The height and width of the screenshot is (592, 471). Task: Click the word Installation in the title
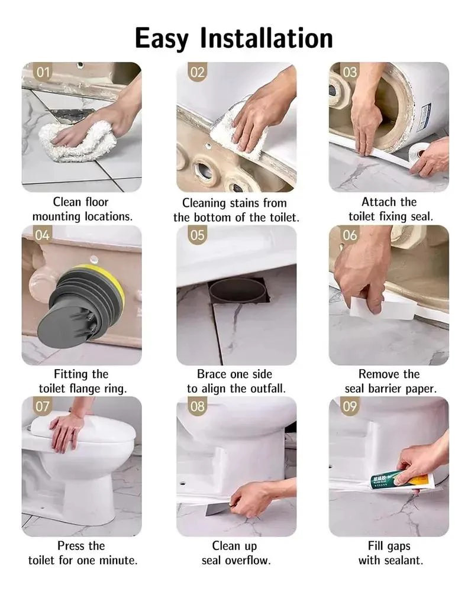266,38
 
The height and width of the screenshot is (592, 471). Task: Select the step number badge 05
197,235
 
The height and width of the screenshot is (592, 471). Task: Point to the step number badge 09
350,406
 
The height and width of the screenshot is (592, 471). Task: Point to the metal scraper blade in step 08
217,510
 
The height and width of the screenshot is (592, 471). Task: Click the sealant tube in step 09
402,481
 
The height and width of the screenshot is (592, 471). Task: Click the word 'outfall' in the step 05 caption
267,389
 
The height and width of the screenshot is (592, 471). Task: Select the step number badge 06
350,235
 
